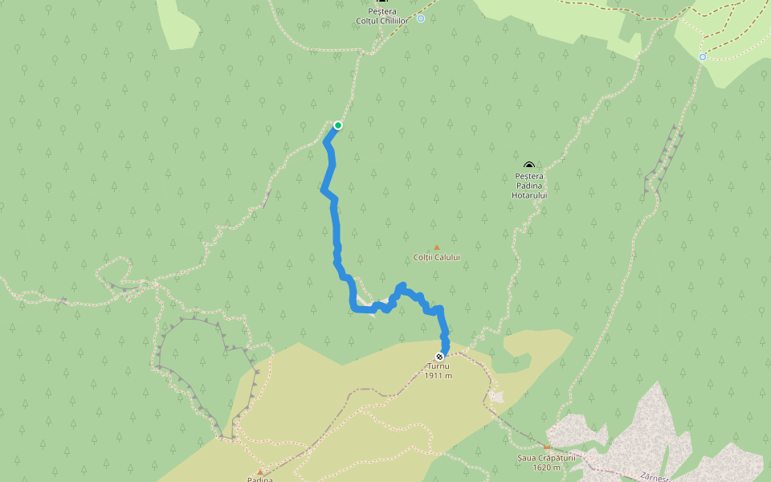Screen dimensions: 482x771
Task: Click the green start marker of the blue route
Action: (338, 125)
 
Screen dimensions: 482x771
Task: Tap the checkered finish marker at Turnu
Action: (439, 356)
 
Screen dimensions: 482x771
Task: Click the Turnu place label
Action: (439, 366)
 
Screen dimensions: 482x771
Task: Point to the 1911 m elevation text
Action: (439, 375)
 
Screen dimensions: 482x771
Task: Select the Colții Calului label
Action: (437, 257)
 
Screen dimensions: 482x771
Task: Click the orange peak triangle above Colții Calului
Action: (437, 247)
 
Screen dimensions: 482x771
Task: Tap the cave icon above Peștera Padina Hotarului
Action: (529, 165)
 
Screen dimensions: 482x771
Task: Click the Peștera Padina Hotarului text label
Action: (529, 186)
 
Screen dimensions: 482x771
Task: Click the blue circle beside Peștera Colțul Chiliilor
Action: (421, 18)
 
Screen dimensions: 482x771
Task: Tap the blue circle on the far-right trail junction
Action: (703, 57)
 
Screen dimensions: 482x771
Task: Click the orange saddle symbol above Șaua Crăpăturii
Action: (548, 447)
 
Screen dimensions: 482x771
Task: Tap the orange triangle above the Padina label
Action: (260, 472)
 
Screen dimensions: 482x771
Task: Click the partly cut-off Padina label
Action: (260, 480)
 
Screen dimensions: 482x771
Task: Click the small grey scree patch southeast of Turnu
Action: (496, 396)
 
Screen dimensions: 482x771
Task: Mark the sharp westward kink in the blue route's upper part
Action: (323, 191)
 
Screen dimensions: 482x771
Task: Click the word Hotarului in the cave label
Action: (529, 195)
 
